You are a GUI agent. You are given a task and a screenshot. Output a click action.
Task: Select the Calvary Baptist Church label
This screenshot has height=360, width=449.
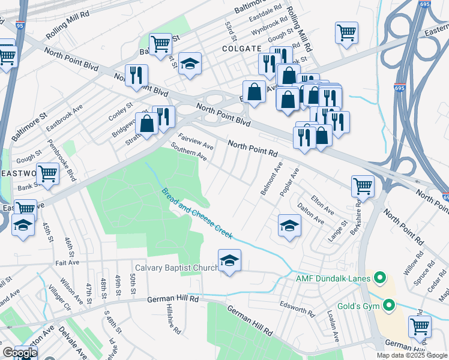(176, 268)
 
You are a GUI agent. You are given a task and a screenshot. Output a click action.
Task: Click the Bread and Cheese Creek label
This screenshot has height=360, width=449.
(196, 213)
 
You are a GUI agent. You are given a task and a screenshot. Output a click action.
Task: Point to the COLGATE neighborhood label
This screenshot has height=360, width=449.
(242, 49)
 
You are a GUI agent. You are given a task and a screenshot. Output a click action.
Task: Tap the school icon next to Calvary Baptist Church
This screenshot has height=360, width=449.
(229, 262)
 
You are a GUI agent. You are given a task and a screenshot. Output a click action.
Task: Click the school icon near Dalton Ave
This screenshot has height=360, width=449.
(289, 226)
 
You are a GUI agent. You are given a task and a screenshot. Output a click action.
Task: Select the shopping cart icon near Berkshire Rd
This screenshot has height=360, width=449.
(363, 186)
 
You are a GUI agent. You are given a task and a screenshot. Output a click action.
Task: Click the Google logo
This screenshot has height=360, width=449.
(20, 353)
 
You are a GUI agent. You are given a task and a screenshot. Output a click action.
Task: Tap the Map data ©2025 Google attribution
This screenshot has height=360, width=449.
(411, 355)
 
